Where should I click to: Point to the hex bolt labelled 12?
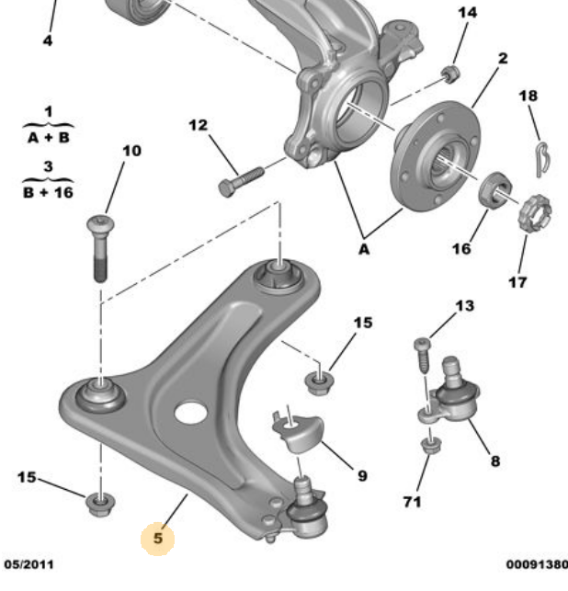pos(240,179)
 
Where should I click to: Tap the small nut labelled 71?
pos(428,447)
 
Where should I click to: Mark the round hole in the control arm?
pos(189,413)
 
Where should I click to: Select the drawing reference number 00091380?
pos(536,563)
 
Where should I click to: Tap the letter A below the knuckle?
pos(365,247)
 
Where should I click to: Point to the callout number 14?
pos(468,12)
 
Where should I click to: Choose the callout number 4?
pos(48,40)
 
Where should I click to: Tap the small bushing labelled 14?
pos(450,72)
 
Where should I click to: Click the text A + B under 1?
pos(48,139)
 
